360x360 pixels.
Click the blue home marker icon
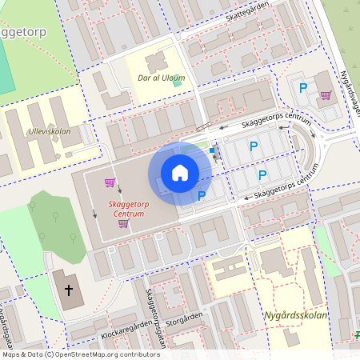[180, 173]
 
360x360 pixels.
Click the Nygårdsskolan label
[295, 314]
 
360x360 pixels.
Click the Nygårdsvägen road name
[350, 90]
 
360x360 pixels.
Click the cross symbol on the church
[69, 290]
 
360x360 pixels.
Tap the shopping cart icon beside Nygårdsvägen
[326, 95]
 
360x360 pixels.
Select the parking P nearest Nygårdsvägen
[303, 88]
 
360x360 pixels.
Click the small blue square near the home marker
[211, 150]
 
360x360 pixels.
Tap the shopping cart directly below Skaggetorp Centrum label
[123, 224]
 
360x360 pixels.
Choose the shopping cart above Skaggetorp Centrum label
[109, 182]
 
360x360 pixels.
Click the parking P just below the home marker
[202, 195]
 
